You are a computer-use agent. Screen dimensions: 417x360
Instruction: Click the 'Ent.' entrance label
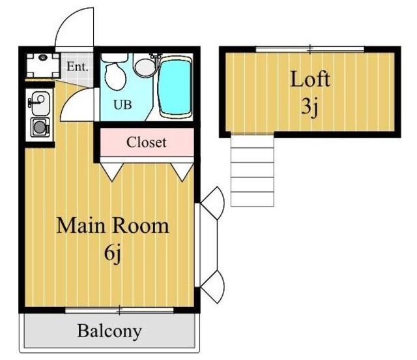point(78,67)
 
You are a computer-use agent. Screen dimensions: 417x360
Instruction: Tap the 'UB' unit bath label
point(122,104)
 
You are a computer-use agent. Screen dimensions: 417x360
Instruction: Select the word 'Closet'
point(146,142)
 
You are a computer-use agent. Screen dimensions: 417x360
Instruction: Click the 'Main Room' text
point(113,226)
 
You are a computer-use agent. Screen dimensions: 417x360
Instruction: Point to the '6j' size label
point(113,253)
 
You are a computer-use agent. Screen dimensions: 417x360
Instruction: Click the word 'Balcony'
point(109,331)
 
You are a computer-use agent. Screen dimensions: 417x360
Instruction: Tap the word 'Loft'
point(310,79)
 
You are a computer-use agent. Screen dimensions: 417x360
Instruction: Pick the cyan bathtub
point(175,87)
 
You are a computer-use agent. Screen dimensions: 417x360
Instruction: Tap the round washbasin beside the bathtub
point(144,68)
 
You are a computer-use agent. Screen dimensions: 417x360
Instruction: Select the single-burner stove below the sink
point(40,127)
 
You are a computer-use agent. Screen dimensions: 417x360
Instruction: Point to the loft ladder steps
point(252,170)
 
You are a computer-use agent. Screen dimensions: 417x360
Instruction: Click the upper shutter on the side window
point(213,202)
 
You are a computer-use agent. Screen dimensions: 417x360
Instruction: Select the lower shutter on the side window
point(213,287)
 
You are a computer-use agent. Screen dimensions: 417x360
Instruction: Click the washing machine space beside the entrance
point(43,65)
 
